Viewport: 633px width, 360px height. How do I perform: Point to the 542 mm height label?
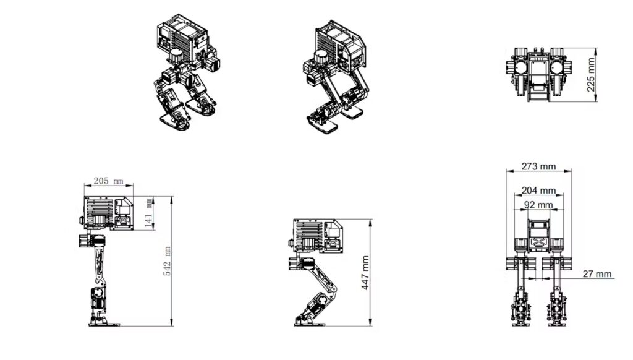167,261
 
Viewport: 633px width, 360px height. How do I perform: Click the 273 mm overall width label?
538,166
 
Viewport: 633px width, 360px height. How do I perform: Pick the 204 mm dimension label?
538,191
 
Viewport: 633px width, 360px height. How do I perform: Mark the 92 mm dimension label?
538,205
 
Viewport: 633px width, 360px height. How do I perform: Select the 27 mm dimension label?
597,273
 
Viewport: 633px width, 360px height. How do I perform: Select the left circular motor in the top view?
522,67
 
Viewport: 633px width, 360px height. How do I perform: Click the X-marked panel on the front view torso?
538,241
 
